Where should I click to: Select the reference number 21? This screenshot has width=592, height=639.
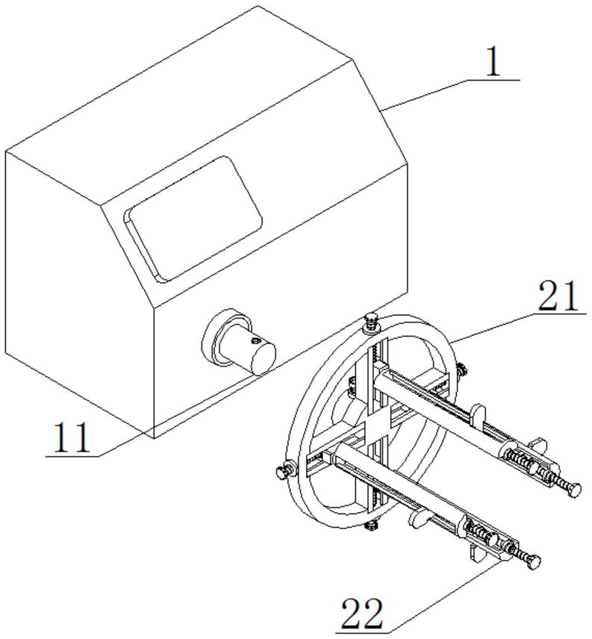(x=558, y=296)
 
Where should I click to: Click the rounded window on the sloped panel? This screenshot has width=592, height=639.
(x=193, y=219)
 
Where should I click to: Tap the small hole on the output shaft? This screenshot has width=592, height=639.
(x=255, y=340)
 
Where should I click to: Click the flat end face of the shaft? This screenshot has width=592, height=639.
(x=264, y=358)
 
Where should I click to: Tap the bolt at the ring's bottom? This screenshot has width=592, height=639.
(x=371, y=525)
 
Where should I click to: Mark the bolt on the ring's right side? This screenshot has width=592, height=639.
(x=461, y=370)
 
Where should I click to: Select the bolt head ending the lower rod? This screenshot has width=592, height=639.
(x=533, y=562)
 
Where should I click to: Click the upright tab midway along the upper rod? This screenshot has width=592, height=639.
(x=478, y=416)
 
